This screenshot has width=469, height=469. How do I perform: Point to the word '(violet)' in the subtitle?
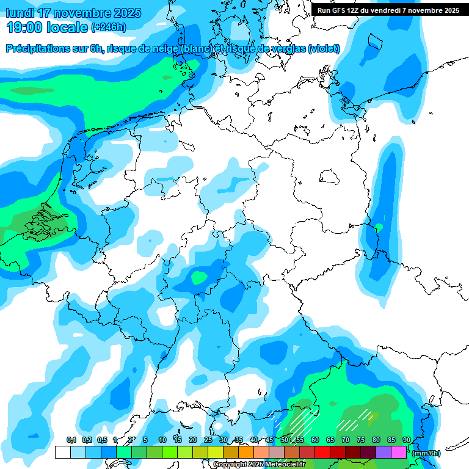(324, 49)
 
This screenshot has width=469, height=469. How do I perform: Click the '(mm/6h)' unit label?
(426, 453)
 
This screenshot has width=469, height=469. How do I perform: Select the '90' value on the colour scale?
(407, 440)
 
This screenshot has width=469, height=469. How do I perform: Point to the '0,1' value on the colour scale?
(71, 440)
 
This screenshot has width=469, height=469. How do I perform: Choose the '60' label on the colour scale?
(315, 440)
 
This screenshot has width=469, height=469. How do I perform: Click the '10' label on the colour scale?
(162, 440)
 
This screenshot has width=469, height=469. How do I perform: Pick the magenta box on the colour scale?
(399, 452)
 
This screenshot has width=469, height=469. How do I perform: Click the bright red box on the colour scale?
(322, 452)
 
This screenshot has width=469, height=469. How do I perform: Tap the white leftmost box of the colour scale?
(62, 452)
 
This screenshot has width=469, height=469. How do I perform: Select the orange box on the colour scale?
(246, 452)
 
